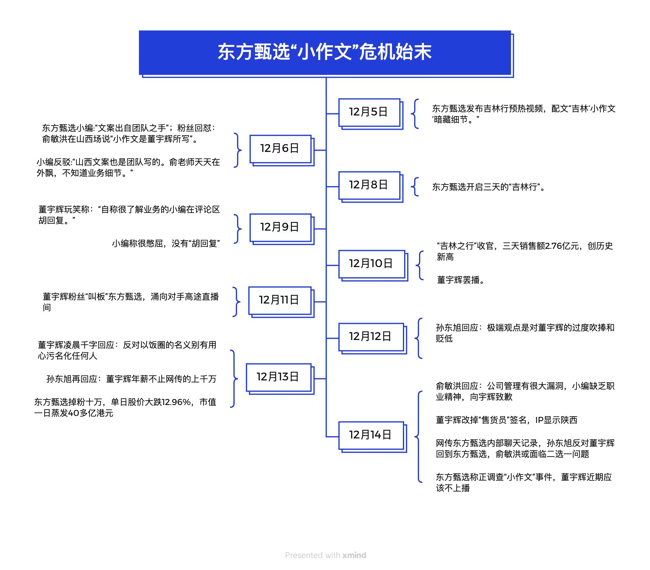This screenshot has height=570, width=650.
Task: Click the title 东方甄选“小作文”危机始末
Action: click(x=324, y=52)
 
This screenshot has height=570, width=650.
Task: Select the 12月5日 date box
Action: click(x=369, y=112)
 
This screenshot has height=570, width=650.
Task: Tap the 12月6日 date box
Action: click(x=280, y=149)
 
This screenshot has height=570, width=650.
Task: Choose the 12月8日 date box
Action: click(x=369, y=185)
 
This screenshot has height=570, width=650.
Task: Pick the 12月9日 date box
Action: click(x=280, y=227)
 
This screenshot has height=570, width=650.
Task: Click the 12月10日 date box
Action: click(x=371, y=264)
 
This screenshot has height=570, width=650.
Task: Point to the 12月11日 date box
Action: click(x=280, y=300)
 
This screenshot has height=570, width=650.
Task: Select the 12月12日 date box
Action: click(x=370, y=337)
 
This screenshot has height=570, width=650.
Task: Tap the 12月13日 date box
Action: click(x=278, y=377)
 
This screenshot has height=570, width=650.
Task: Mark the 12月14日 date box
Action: click(x=370, y=435)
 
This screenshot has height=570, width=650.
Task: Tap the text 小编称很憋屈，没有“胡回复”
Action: click(x=166, y=244)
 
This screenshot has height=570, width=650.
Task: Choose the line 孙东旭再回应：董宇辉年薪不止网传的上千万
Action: click(x=131, y=379)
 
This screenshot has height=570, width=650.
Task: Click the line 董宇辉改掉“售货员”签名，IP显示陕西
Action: click(x=506, y=420)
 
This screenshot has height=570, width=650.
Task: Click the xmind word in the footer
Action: click(x=354, y=555)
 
